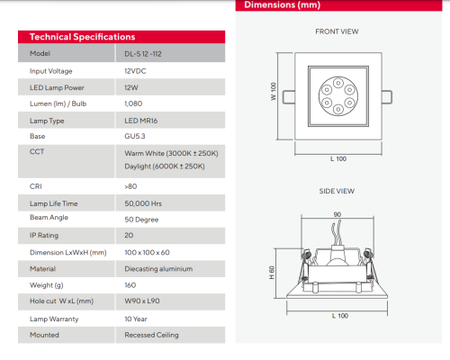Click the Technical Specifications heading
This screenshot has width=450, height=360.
pyautogui.click(x=82, y=38)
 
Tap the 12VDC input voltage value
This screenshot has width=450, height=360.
pyautogui.click(x=136, y=70)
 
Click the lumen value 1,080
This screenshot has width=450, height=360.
pyautogui.click(x=134, y=103)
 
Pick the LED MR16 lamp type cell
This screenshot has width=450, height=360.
pyautogui.click(x=142, y=120)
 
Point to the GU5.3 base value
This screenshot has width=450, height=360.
pyautogui.click(x=135, y=136)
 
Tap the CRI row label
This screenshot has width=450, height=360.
pyautogui.click(x=36, y=186)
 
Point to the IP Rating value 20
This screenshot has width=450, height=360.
pyautogui.click(x=129, y=236)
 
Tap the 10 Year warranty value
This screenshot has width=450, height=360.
pyautogui.click(x=137, y=319)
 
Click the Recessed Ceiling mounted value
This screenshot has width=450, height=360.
pyautogui.click(x=151, y=335)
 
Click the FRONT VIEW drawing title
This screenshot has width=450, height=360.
pyautogui.click(x=337, y=31)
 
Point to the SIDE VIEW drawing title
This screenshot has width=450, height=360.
pyautogui.click(x=337, y=191)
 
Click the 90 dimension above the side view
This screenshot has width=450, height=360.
pyautogui.click(x=337, y=214)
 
